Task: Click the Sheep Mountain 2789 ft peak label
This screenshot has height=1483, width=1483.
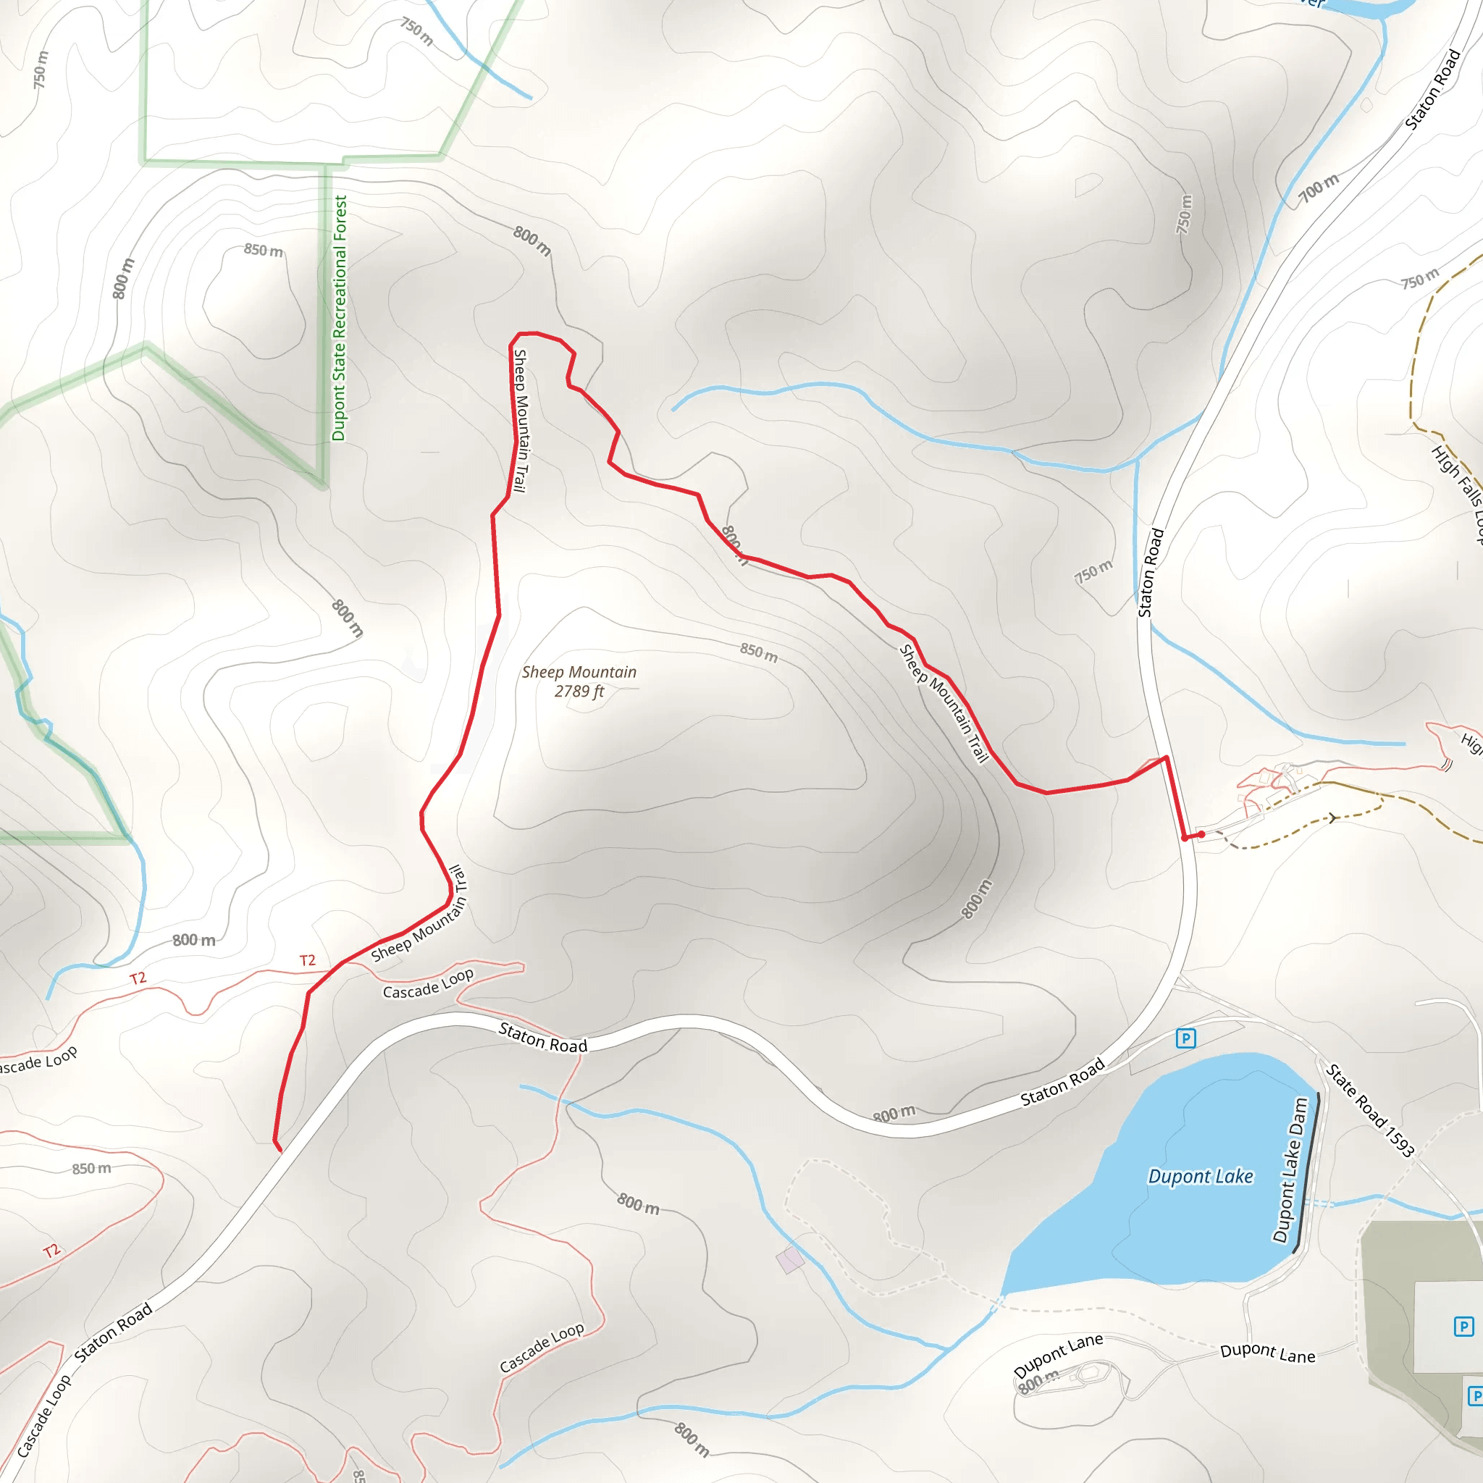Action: (x=579, y=681)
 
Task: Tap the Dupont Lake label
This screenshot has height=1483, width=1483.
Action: (x=1201, y=1176)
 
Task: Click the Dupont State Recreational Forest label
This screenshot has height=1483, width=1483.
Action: (x=340, y=318)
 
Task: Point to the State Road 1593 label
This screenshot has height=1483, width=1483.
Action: (x=1370, y=1110)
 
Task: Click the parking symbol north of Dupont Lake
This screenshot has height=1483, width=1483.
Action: (x=1186, y=1038)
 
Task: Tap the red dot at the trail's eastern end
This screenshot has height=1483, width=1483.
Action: (x=1201, y=834)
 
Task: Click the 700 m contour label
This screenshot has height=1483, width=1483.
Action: (x=1318, y=189)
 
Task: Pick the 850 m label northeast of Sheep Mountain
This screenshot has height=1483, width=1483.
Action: (x=758, y=652)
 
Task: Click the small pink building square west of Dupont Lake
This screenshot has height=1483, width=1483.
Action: (x=790, y=1260)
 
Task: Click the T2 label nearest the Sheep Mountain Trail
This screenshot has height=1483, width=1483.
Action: (x=307, y=960)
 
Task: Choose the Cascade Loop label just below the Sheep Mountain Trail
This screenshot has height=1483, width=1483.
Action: (x=429, y=983)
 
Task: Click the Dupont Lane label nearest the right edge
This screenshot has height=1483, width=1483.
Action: (x=1267, y=1353)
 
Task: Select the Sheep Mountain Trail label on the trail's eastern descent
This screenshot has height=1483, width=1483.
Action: (x=944, y=703)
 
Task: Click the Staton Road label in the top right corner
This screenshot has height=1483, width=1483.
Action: (x=1432, y=90)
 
